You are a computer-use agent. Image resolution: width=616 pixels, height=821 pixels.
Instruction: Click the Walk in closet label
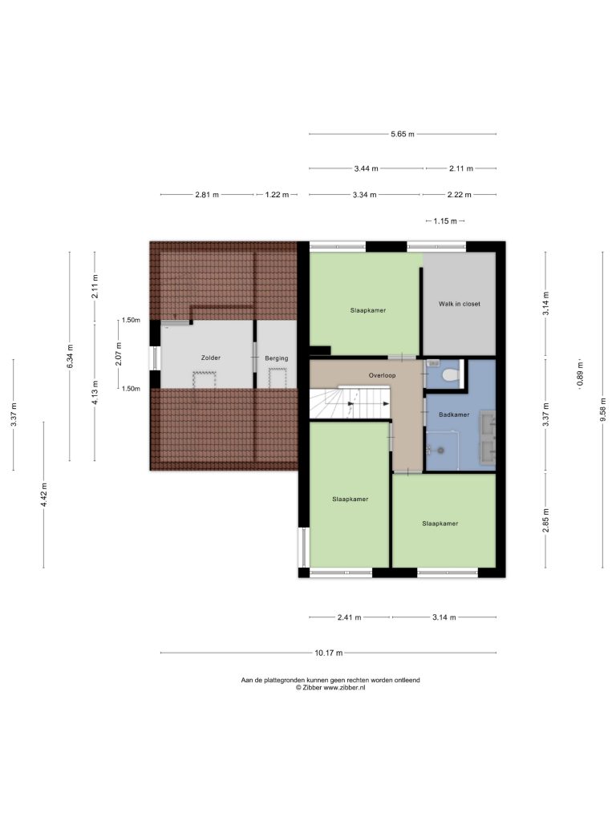(460, 304)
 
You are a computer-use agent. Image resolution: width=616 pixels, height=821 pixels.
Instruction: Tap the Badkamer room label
(454, 415)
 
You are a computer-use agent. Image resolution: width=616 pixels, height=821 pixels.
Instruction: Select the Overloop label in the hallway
(383, 375)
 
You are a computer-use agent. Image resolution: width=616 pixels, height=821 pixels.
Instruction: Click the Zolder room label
(211, 358)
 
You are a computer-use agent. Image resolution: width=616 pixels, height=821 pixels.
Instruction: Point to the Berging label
(277, 358)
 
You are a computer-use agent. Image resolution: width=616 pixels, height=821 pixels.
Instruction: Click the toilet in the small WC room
(450, 374)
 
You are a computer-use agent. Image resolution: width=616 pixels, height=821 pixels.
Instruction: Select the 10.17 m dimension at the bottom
(329, 653)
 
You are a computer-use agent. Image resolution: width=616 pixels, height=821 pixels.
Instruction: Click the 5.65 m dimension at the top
(403, 134)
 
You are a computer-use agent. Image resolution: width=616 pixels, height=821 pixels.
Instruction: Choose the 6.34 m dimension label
(70, 357)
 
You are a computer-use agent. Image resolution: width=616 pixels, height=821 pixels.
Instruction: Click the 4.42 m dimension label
(44, 495)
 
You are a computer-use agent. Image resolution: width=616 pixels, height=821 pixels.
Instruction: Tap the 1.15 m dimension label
(445, 221)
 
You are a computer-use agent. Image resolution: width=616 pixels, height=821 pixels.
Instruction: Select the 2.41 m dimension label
(350, 617)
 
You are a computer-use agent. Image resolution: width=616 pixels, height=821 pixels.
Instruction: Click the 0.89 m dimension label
(580, 375)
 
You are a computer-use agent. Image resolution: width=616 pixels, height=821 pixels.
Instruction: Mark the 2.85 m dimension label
(545, 520)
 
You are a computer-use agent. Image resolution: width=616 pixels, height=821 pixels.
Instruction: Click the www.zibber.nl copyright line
(330, 687)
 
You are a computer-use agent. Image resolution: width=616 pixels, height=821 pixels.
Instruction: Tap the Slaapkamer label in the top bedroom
(368, 310)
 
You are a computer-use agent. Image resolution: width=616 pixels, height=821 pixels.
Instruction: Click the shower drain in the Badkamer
(441, 450)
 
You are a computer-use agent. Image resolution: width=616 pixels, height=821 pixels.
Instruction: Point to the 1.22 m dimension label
(277, 195)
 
